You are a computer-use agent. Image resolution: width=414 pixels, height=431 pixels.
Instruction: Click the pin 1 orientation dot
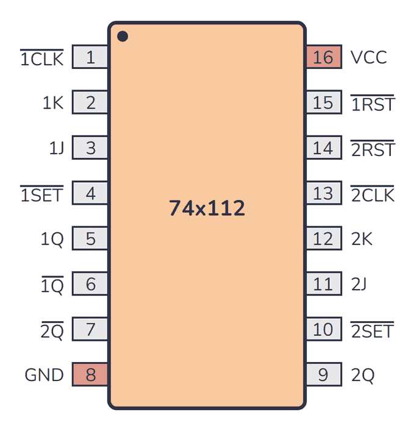coord(123,37)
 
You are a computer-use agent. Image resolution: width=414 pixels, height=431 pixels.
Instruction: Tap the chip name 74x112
coord(207,208)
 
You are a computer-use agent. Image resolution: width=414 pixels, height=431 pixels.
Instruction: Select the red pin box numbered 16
coord(324,57)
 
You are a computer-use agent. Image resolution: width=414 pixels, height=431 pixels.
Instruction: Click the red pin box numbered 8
coord(90,374)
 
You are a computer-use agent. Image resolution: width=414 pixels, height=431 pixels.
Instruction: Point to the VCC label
coord(369,57)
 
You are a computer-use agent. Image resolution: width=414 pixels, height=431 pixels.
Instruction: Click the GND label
coord(45,375)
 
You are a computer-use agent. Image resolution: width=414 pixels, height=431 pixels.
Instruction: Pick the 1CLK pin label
coord(42,58)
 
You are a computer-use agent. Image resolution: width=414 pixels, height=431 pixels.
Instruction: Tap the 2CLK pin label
coord(373,194)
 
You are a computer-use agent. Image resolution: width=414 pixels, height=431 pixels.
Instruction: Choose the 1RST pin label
coord(373,104)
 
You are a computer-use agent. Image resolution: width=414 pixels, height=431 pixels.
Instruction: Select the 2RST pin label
coord(373,149)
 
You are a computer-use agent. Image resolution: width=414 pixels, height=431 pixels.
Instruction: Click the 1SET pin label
coord(42,194)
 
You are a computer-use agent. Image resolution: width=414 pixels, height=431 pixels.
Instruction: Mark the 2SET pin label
coord(372,330)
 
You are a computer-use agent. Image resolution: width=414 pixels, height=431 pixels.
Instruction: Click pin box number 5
coord(90,238)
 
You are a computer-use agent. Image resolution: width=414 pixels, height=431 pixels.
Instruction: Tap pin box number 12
coord(324,238)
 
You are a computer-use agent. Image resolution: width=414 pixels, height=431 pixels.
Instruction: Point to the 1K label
coord(53,103)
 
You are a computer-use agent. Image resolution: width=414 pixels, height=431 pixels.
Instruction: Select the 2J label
coord(359,284)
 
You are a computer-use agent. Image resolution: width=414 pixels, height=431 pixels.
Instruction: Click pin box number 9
coord(324,374)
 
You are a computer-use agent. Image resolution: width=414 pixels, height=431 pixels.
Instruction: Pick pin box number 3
coord(90,148)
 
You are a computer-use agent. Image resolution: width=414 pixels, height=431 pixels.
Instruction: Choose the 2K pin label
coord(362,239)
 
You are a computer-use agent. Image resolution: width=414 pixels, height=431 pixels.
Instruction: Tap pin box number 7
coord(90,329)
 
